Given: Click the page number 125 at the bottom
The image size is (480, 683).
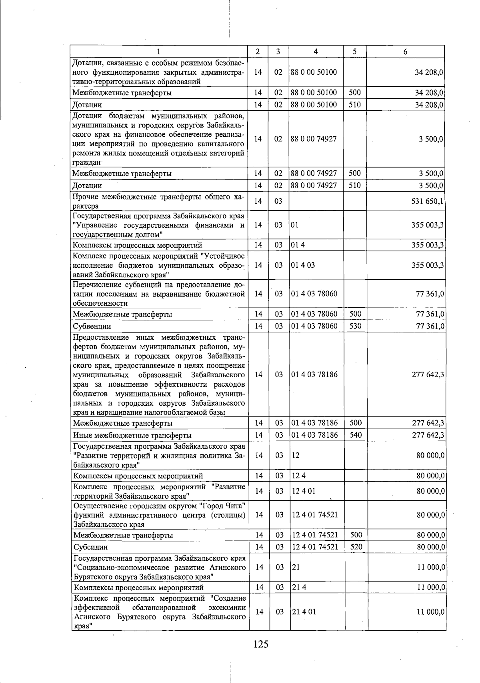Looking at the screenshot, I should coord(260,644).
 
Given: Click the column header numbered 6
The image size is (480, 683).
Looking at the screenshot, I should coord(405,52).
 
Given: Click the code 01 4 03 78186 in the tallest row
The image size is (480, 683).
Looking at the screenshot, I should coord(314,374).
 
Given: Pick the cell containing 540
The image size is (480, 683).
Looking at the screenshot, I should coord(355,435).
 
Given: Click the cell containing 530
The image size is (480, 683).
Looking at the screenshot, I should coord(355,326).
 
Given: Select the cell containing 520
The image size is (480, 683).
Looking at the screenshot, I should coord(355,547).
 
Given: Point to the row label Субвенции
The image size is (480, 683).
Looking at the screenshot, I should coord(92,327).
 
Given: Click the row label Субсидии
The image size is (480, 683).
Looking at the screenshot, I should coord(90,547).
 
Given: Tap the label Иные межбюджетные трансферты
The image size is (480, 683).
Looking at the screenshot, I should coord(132,435).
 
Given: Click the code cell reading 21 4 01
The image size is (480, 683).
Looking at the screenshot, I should coord(304,612).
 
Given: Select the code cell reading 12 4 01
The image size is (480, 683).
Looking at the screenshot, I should coord(304,491).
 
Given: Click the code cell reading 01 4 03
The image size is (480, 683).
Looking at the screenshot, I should coord(303,265).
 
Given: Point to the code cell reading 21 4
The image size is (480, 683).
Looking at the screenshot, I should coord(299,587).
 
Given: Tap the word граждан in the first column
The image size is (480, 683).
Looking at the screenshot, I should coord(86,163).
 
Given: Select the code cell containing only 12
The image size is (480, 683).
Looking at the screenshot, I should coord(296,455).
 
